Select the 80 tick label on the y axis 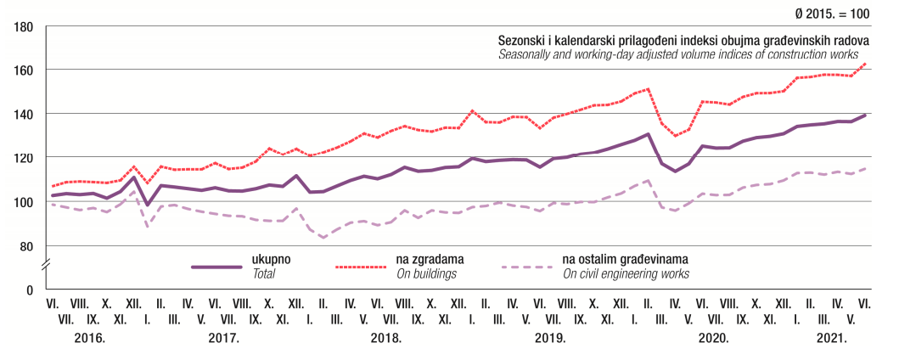pos(26,246)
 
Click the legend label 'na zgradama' pos(428,259)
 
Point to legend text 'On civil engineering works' pos(626,273)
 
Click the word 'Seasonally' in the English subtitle pos(525,54)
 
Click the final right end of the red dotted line pos(865,64)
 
